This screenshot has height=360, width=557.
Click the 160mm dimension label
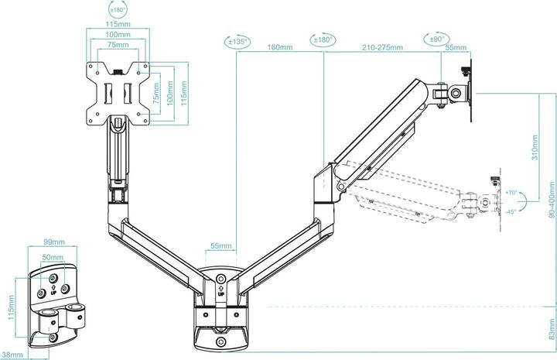tap(280, 47)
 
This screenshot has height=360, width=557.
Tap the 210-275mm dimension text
tap(382, 47)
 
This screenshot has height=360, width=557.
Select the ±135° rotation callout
tap(237, 42)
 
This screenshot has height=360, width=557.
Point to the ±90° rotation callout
tap(437, 39)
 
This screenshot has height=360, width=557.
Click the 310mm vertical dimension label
tap(535, 147)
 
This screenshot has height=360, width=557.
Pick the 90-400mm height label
tap(552, 200)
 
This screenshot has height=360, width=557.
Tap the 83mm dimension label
tap(552, 329)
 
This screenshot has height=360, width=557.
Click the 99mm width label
tap(54, 242)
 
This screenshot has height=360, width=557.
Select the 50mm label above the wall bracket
tap(53, 257)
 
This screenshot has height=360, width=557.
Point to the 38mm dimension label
tap(12, 355)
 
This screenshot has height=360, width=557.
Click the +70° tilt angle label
tap(511, 193)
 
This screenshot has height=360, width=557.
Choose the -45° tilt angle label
tap(511, 212)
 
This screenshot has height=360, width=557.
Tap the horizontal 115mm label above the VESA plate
tap(118, 24)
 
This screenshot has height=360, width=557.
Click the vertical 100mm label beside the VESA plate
tap(169, 93)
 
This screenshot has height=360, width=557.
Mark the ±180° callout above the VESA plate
tap(118, 10)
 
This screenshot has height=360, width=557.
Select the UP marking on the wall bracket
tap(53, 290)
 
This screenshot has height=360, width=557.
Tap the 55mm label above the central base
tap(221, 245)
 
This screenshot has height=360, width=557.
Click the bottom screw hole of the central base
tap(221, 342)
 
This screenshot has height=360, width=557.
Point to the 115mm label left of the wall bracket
tap(12, 307)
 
